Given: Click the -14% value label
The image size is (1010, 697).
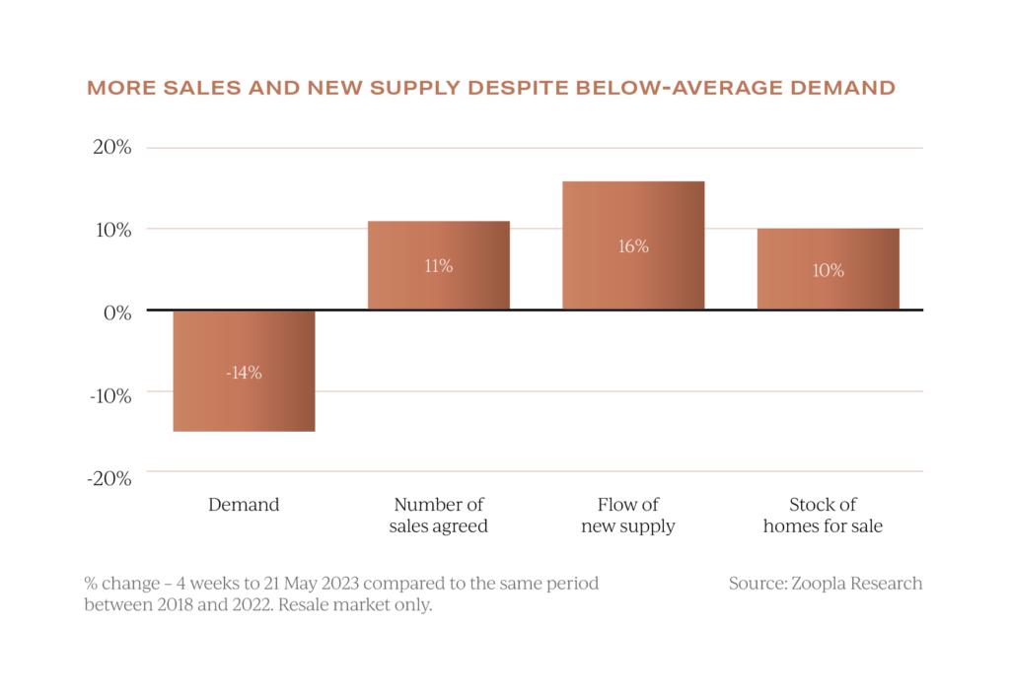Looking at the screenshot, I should (x=244, y=373).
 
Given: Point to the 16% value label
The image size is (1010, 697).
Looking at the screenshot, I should (x=633, y=246).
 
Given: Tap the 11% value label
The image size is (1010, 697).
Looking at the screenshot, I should (x=438, y=266).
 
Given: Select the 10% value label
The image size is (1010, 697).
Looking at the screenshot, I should (x=828, y=270).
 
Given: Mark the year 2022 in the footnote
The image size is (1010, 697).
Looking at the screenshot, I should (x=248, y=605).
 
